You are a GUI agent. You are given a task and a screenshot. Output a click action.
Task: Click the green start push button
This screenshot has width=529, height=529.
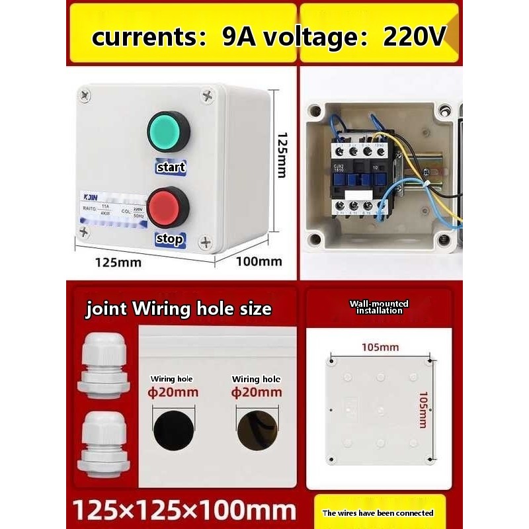click(x=168, y=132)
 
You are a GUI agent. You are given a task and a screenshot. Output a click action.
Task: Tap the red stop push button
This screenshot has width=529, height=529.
click(x=168, y=207)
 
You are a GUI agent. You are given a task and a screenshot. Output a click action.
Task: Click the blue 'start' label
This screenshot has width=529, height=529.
click(x=170, y=167)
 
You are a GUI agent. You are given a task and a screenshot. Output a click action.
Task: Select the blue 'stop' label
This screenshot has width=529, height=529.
click(x=169, y=239)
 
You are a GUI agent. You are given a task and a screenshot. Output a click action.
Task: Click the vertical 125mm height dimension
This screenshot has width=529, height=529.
click(x=282, y=154)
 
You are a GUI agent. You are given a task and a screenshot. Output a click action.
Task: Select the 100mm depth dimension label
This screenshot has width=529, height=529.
click(x=259, y=261)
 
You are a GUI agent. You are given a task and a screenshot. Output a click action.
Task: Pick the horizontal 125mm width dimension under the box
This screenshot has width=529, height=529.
click(x=117, y=262)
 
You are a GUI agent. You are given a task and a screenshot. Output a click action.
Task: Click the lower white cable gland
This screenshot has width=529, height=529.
click(x=102, y=442)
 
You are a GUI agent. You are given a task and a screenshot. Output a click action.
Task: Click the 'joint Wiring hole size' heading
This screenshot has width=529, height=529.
click(x=178, y=309)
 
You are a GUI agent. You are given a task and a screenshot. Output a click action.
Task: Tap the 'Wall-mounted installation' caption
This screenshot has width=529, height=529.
click(x=379, y=307)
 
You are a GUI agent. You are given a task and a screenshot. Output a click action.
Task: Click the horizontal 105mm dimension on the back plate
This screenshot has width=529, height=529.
click(x=380, y=347)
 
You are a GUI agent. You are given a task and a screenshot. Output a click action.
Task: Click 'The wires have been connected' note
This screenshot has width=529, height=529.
click(x=378, y=512)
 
